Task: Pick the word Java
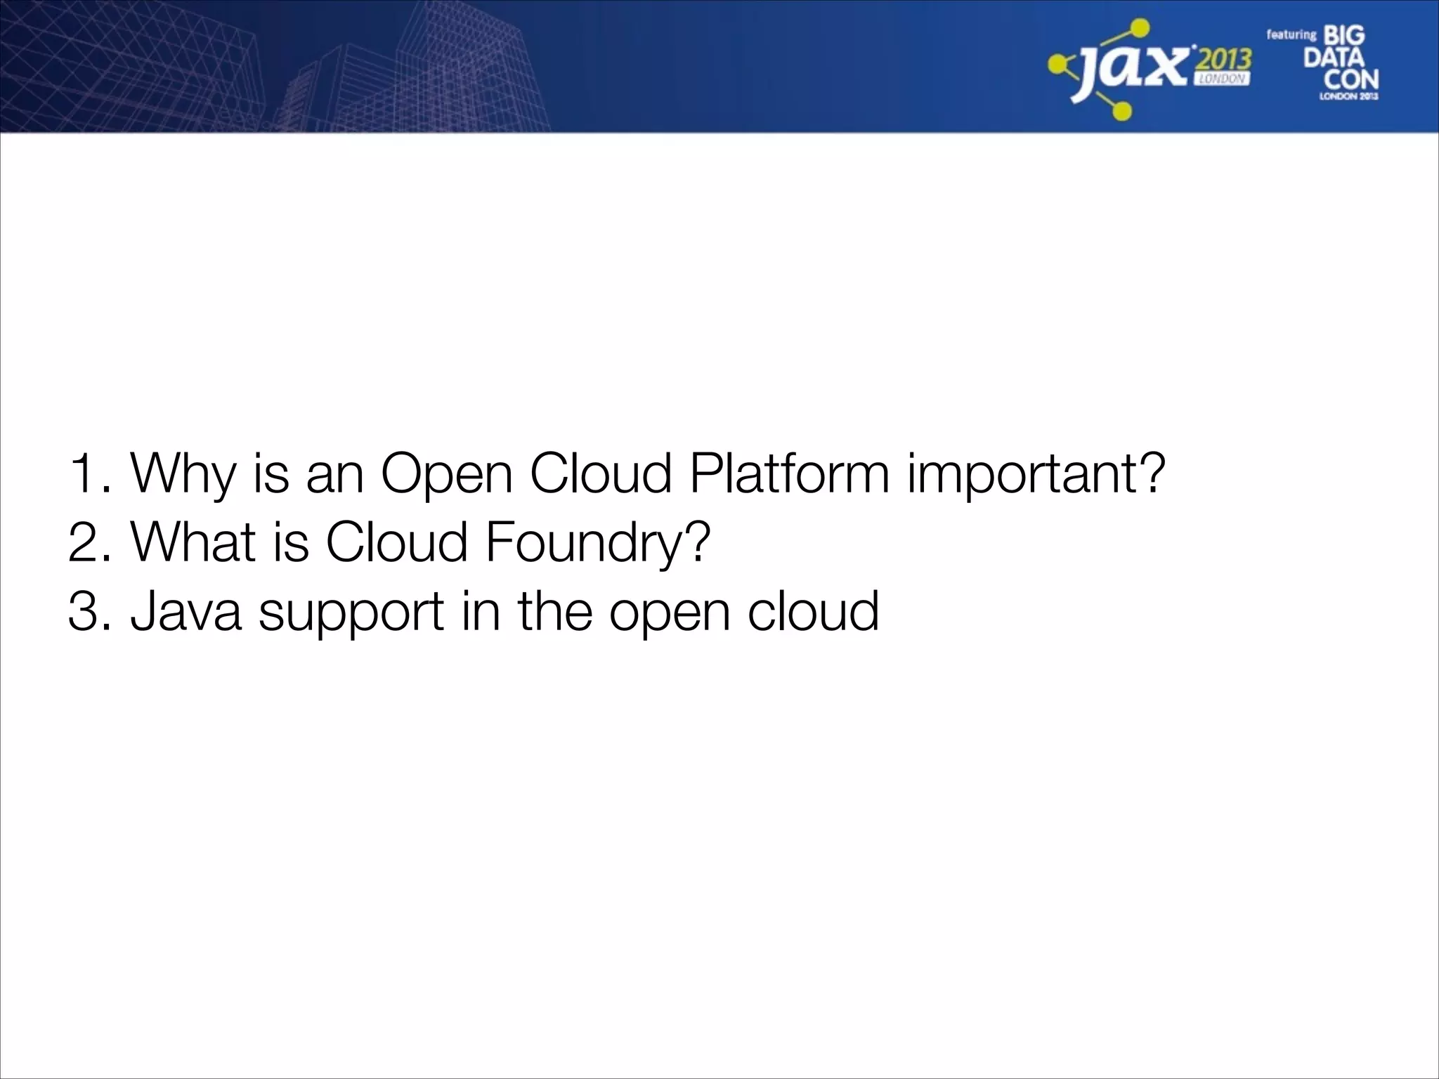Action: [x=185, y=610]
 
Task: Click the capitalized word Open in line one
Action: [x=447, y=473]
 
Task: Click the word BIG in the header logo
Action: [x=1343, y=35]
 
